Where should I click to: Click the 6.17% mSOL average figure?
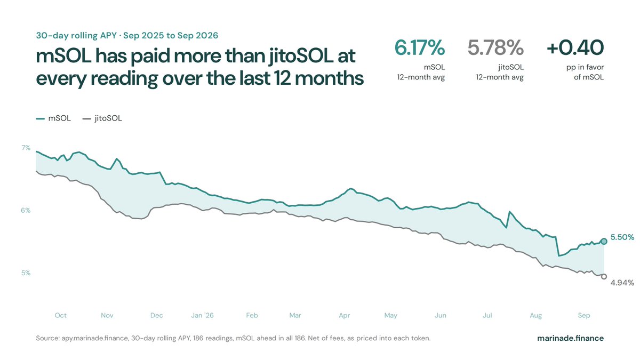coord(419,47)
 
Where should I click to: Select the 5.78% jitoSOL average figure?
coord(495,47)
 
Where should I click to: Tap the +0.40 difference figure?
coord(575,47)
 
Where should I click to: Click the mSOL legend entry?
coord(53,118)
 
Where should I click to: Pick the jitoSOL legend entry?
coord(102,118)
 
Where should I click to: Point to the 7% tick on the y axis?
coord(26,148)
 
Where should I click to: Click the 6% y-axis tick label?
coord(26,210)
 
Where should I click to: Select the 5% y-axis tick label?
coord(26,273)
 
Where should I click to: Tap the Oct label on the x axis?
coord(61,315)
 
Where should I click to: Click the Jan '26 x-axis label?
coord(202,315)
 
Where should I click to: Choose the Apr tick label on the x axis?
coord(345,315)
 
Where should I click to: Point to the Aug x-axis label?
coord(535,315)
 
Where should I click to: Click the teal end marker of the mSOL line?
coord(604,242)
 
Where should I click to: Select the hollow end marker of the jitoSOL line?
coord(604,277)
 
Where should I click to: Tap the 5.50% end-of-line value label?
coord(622,237)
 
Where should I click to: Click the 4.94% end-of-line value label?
coord(622,283)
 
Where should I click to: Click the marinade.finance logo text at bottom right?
coord(570,338)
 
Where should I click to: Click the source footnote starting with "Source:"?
coord(233,338)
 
